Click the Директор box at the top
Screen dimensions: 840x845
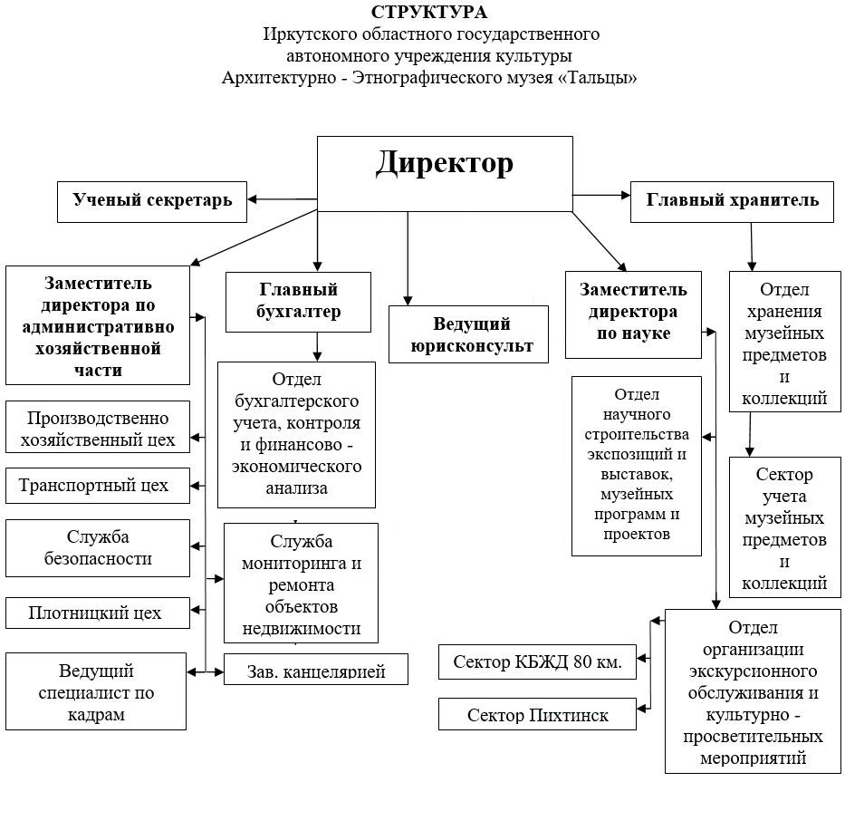point(444,173)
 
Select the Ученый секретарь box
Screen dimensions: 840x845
point(152,200)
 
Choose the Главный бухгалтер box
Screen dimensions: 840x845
point(299,301)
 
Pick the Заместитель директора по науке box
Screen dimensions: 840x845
point(633,313)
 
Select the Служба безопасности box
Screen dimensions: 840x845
point(98,547)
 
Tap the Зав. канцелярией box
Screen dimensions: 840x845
point(315,670)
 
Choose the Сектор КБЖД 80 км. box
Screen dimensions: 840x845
point(537,661)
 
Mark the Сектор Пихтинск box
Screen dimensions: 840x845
point(537,715)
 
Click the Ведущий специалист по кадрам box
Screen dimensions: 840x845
point(96,692)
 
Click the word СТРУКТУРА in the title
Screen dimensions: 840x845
point(428,13)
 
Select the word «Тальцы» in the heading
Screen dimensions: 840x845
point(599,78)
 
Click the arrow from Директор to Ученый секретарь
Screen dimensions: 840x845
point(282,199)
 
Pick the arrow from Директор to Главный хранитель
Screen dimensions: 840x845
point(601,194)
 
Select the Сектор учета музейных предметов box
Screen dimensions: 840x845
point(784,528)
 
